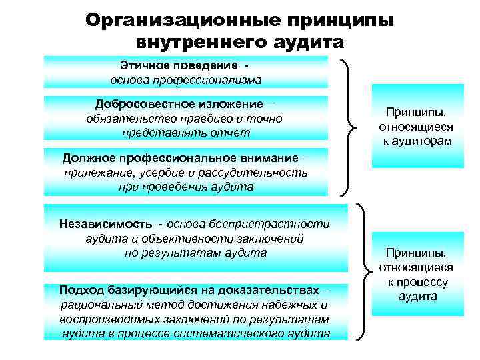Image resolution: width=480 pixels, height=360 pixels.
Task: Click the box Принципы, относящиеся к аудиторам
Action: click(417, 126)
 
